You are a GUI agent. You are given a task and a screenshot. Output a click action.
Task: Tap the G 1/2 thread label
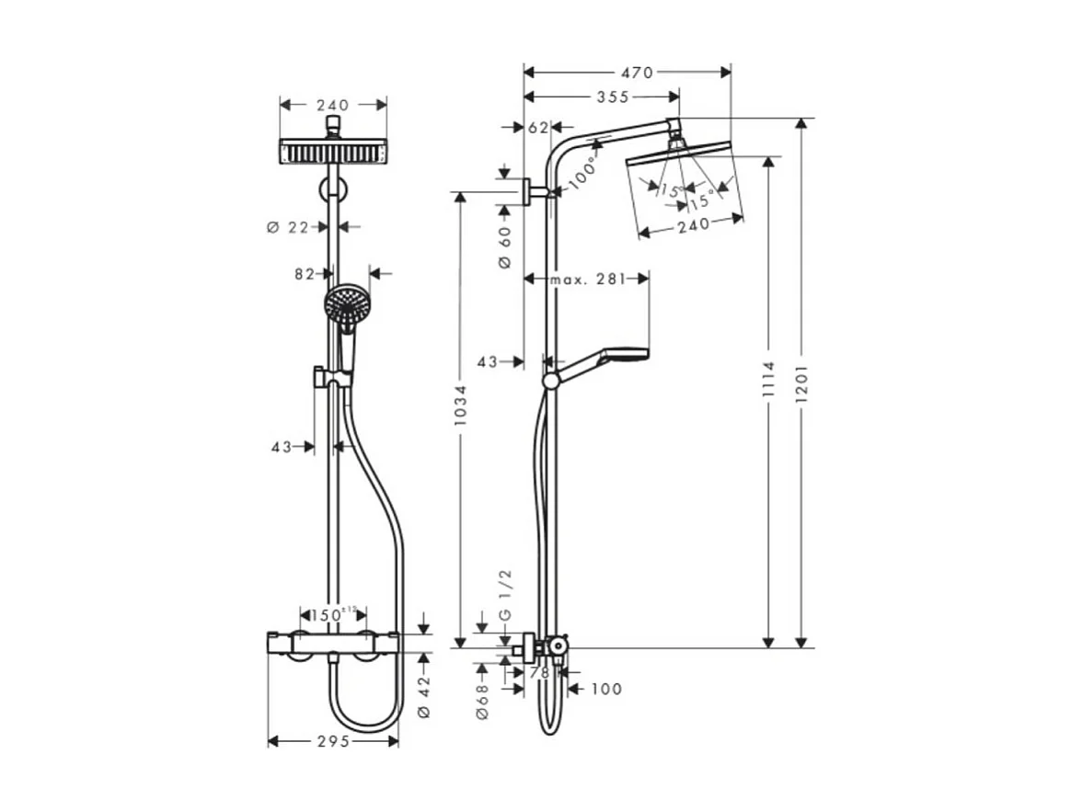504,594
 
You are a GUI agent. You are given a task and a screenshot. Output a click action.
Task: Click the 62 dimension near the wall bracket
539,128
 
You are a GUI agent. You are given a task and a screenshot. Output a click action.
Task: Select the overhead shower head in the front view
331,151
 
